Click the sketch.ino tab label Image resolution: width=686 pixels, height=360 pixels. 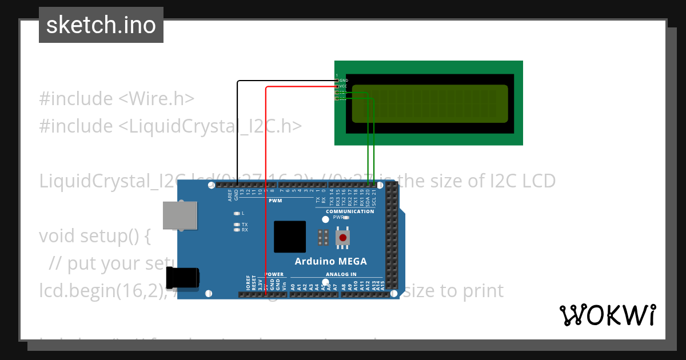coord(101,25)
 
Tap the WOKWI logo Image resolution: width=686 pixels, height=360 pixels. coord(607,315)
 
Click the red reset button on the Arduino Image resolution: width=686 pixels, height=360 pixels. coord(342,238)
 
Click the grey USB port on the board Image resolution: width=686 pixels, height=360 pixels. coord(180,215)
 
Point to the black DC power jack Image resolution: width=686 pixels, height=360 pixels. coord(183,278)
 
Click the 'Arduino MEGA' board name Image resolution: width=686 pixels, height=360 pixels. coord(330,262)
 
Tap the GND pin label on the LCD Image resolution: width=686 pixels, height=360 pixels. coord(344,81)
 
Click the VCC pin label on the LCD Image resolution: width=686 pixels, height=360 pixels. coord(344,86)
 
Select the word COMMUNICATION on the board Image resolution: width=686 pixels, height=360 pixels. coord(350,211)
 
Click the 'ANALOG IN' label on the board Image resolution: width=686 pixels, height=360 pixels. coord(341,274)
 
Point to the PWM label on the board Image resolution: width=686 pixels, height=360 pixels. coord(275,201)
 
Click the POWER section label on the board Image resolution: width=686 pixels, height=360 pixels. coord(274,274)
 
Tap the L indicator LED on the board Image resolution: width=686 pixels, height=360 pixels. coord(237,213)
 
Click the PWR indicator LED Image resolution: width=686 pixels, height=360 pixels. coord(346,218)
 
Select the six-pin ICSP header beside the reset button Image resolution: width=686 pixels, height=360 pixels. coord(323,238)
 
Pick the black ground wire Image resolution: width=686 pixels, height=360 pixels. coord(237,131)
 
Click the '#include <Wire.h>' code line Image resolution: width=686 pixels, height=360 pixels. coord(117,98)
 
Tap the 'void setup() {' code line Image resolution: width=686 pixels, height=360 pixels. coord(94,235)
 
